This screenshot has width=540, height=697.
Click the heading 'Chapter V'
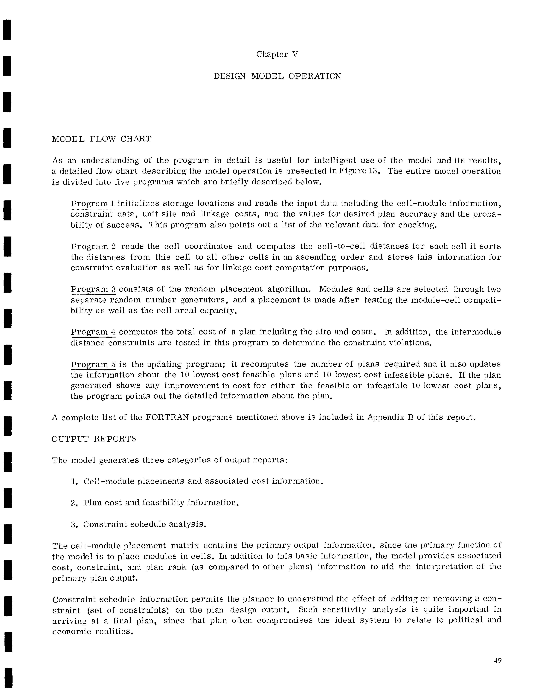coord(277,55)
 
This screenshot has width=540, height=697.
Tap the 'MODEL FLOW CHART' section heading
coord(101,139)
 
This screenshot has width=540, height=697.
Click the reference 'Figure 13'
coord(359,171)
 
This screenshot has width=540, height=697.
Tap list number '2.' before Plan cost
coord(74,503)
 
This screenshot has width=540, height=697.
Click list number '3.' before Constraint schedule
coord(74,525)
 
